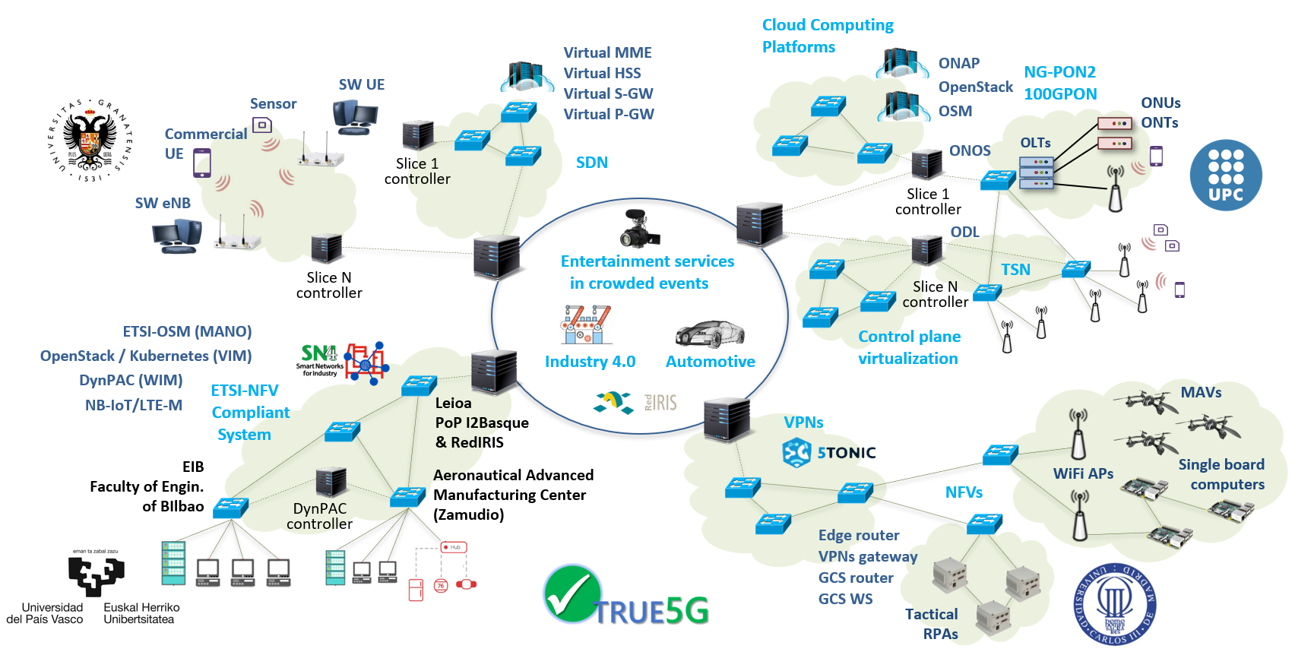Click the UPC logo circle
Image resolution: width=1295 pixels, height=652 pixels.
click(1225, 175)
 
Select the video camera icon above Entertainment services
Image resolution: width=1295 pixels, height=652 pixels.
click(638, 229)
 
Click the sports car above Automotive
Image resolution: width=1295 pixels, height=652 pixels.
click(710, 333)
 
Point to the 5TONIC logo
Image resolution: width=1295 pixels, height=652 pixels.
click(829, 453)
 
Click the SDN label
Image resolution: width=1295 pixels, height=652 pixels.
click(592, 163)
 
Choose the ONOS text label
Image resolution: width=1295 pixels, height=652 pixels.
click(970, 150)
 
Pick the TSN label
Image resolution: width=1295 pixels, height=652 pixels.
click(1015, 270)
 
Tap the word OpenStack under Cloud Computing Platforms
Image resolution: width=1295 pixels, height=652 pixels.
click(975, 87)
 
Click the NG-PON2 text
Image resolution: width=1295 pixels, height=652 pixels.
click(1059, 72)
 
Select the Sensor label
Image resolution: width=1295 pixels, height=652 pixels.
click(273, 103)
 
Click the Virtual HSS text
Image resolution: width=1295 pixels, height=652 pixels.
click(602, 73)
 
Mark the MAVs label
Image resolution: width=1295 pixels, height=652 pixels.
click(1201, 392)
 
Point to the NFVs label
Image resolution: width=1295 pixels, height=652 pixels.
click(964, 492)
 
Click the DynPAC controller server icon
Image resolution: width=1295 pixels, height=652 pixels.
click(331, 483)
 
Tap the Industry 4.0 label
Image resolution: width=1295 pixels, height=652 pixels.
click(590, 362)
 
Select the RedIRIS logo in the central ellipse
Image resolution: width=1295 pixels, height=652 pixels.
click(660, 402)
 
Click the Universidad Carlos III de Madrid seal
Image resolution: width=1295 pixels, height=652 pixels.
click(1114, 604)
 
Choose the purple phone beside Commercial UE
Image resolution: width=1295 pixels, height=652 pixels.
click(202, 163)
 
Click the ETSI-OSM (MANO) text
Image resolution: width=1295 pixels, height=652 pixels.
click(187, 331)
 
